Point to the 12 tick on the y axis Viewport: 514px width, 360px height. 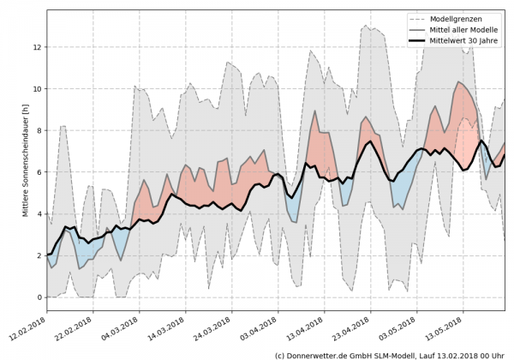(38, 46)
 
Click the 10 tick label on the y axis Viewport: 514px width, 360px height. (38, 88)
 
